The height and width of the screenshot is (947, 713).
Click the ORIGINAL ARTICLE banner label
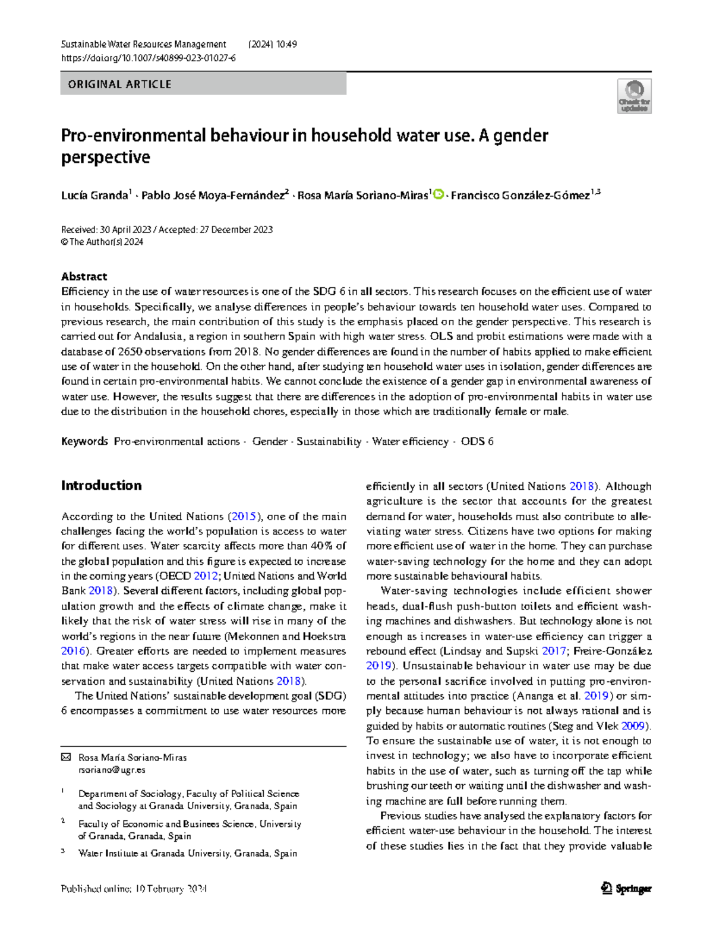click(119, 84)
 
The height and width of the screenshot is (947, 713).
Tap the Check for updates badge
click(634, 96)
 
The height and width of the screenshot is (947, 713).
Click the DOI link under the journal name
click(148, 58)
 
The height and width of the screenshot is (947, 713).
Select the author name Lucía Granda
click(94, 196)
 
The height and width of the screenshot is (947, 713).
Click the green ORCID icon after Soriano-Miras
click(438, 194)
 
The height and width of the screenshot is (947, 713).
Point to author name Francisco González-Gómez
click(520, 196)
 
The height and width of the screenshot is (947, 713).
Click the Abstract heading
click(84, 276)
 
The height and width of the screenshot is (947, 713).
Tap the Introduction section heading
click(101, 486)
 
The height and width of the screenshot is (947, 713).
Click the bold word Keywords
click(84, 442)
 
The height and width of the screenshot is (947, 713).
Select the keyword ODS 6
click(477, 442)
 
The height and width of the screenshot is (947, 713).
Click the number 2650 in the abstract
click(129, 352)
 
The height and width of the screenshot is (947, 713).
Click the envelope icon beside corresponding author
click(66, 757)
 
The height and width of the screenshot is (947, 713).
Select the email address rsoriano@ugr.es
click(112, 770)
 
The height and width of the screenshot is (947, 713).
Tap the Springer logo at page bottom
click(626, 889)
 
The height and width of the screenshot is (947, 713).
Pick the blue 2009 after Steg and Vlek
click(633, 726)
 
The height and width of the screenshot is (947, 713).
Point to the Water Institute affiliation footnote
click(187, 853)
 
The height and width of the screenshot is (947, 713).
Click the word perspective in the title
click(105, 158)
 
